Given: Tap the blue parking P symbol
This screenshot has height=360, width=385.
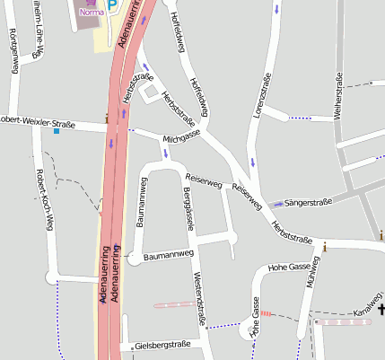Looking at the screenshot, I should tap(112, 5).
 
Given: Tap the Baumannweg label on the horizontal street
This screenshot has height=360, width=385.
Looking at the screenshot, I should tap(168, 255).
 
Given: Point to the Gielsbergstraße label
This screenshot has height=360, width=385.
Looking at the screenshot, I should tap(162, 345).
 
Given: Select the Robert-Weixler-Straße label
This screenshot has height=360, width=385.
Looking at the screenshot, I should tap(36, 119).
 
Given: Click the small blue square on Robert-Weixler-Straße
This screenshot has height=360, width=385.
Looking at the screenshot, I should tap(57, 132).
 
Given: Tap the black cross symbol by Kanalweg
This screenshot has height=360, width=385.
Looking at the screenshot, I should tap(381, 310).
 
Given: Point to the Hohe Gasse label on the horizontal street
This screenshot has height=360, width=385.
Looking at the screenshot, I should tap(289, 267).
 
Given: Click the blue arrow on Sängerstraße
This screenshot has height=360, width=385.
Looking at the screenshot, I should tap(277, 205).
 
